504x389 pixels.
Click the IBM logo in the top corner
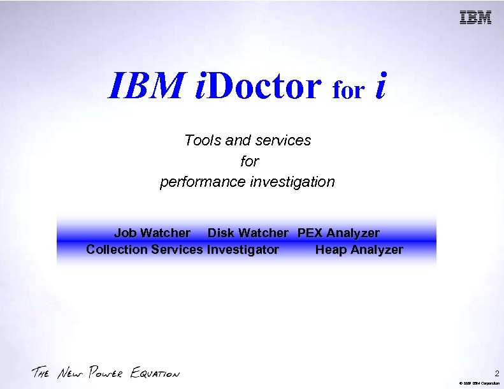click(x=476, y=18)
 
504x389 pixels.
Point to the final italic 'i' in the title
click(x=380, y=85)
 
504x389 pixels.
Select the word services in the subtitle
click(x=281, y=140)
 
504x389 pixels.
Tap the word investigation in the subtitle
click(x=292, y=182)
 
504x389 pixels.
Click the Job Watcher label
click(x=152, y=233)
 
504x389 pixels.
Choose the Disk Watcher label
click(x=248, y=233)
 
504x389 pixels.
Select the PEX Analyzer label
click(x=338, y=233)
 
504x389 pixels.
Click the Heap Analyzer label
click(x=359, y=249)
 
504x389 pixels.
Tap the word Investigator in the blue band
click(x=243, y=249)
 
